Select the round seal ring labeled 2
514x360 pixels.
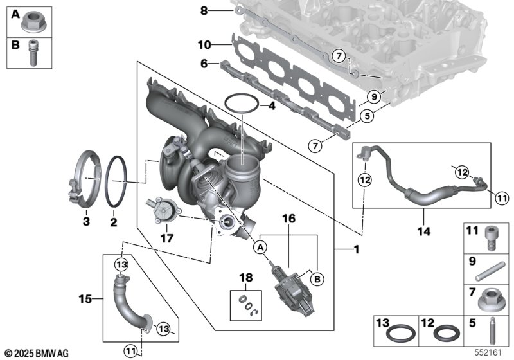(106, 181)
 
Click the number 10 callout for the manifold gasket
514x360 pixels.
(204, 44)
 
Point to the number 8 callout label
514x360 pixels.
(204, 11)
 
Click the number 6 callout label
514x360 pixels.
(204, 63)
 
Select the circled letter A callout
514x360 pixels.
(260, 248)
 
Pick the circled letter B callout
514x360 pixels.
(317, 279)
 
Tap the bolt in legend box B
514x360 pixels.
(32, 53)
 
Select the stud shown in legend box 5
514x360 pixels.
(491, 330)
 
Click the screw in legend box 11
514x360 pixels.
(491, 239)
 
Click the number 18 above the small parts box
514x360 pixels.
(246, 277)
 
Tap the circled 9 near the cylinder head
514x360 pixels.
(373, 96)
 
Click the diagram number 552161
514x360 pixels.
(488, 352)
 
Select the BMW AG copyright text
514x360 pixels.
(37, 353)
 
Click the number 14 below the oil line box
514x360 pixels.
(423, 231)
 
